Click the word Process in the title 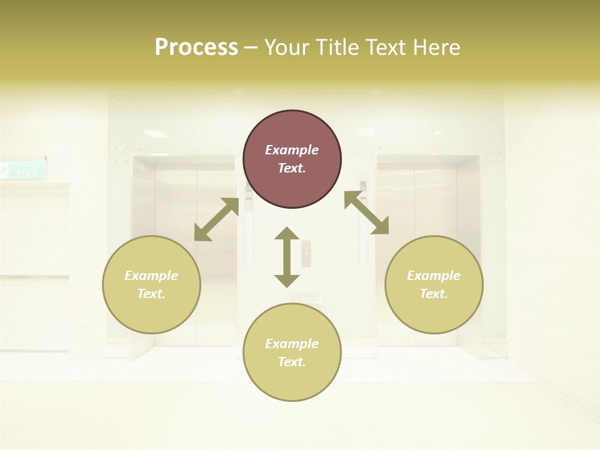click(x=196, y=47)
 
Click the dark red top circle click(x=292, y=159)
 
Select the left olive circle click(x=151, y=284)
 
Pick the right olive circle click(x=434, y=284)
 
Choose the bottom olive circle click(x=292, y=352)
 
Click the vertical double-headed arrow click(x=287, y=257)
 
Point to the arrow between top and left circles click(x=216, y=219)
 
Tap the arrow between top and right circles click(x=366, y=212)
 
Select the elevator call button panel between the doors click(x=306, y=253)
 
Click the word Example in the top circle click(x=292, y=150)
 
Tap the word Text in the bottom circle click(x=292, y=362)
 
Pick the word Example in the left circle click(x=151, y=276)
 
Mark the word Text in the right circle click(x=434, y=294)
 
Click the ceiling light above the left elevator click(x=155, y=134)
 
